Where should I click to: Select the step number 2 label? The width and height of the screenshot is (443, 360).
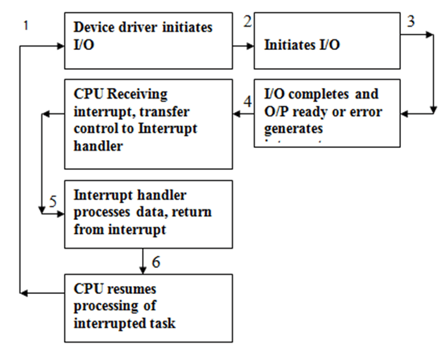coord(248,21)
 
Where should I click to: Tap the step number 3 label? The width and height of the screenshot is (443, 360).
coord(411,21)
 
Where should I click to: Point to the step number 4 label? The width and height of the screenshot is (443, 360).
coord(248,102)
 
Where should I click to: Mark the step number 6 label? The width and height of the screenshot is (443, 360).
coord(155,262)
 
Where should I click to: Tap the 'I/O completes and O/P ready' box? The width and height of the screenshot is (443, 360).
coord(327,113)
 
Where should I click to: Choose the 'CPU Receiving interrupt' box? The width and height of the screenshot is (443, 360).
coord(148,124)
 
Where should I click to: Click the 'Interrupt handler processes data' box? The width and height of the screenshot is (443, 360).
coord(148,214)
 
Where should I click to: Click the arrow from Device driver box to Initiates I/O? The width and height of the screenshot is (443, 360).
coord(243,46)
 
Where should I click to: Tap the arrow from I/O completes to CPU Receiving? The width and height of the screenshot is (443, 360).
coord(243,114)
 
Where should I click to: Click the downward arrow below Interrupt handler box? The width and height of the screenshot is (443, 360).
coord(143,261)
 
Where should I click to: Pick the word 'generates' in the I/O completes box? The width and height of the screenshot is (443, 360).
coord(294,127)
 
